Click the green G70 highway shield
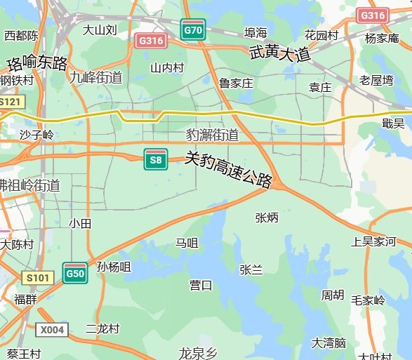pos(193,29)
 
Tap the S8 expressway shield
pos(155,159)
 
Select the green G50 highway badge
pos(75,273)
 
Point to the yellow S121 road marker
pos(10,102)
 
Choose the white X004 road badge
pos(52,329)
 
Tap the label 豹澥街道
pos(212,135)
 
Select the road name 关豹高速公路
pos(228,169)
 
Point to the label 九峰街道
pos(95,77)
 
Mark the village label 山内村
pos(167,67)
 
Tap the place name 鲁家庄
pos(235,83)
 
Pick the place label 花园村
pos(321,35)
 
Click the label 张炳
pos(267,218)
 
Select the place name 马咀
pos(187,243)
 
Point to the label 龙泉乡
pos(199,352)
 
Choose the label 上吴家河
pos(373,241)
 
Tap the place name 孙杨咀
pos(114,266)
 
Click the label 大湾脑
pos(329,342)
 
